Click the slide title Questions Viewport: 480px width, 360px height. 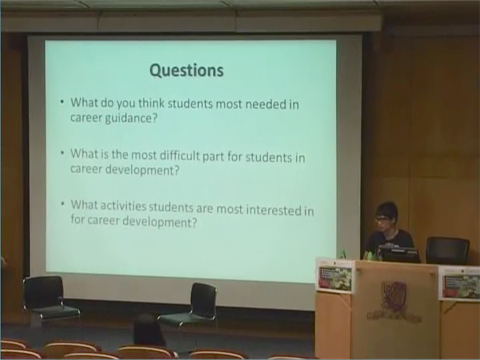tap(186, 71)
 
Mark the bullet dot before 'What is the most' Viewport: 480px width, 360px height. tap(62, 154)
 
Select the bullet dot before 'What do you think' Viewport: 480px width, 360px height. tap(62, 102)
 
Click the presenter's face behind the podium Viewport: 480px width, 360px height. tap(384, 218)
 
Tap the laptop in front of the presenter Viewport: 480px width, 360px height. tap(401, 254)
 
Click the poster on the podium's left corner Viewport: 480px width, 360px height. tap(334, 276)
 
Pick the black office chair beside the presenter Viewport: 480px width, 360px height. tap(446, 249)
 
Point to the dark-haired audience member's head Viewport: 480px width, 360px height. tap(148, 331)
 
